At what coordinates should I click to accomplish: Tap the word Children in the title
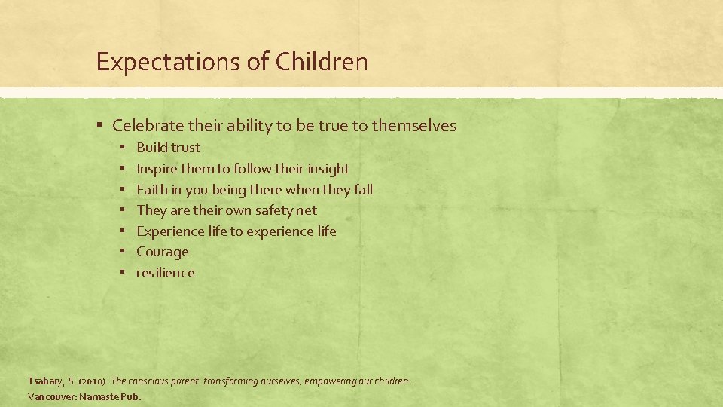coord(322,62)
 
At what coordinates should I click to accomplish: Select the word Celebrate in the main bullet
coord(144,126)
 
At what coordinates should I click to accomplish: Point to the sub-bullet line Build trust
coord(168,148)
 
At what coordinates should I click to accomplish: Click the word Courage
coord(163,252)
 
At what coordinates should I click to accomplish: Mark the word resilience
coord(165,273)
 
